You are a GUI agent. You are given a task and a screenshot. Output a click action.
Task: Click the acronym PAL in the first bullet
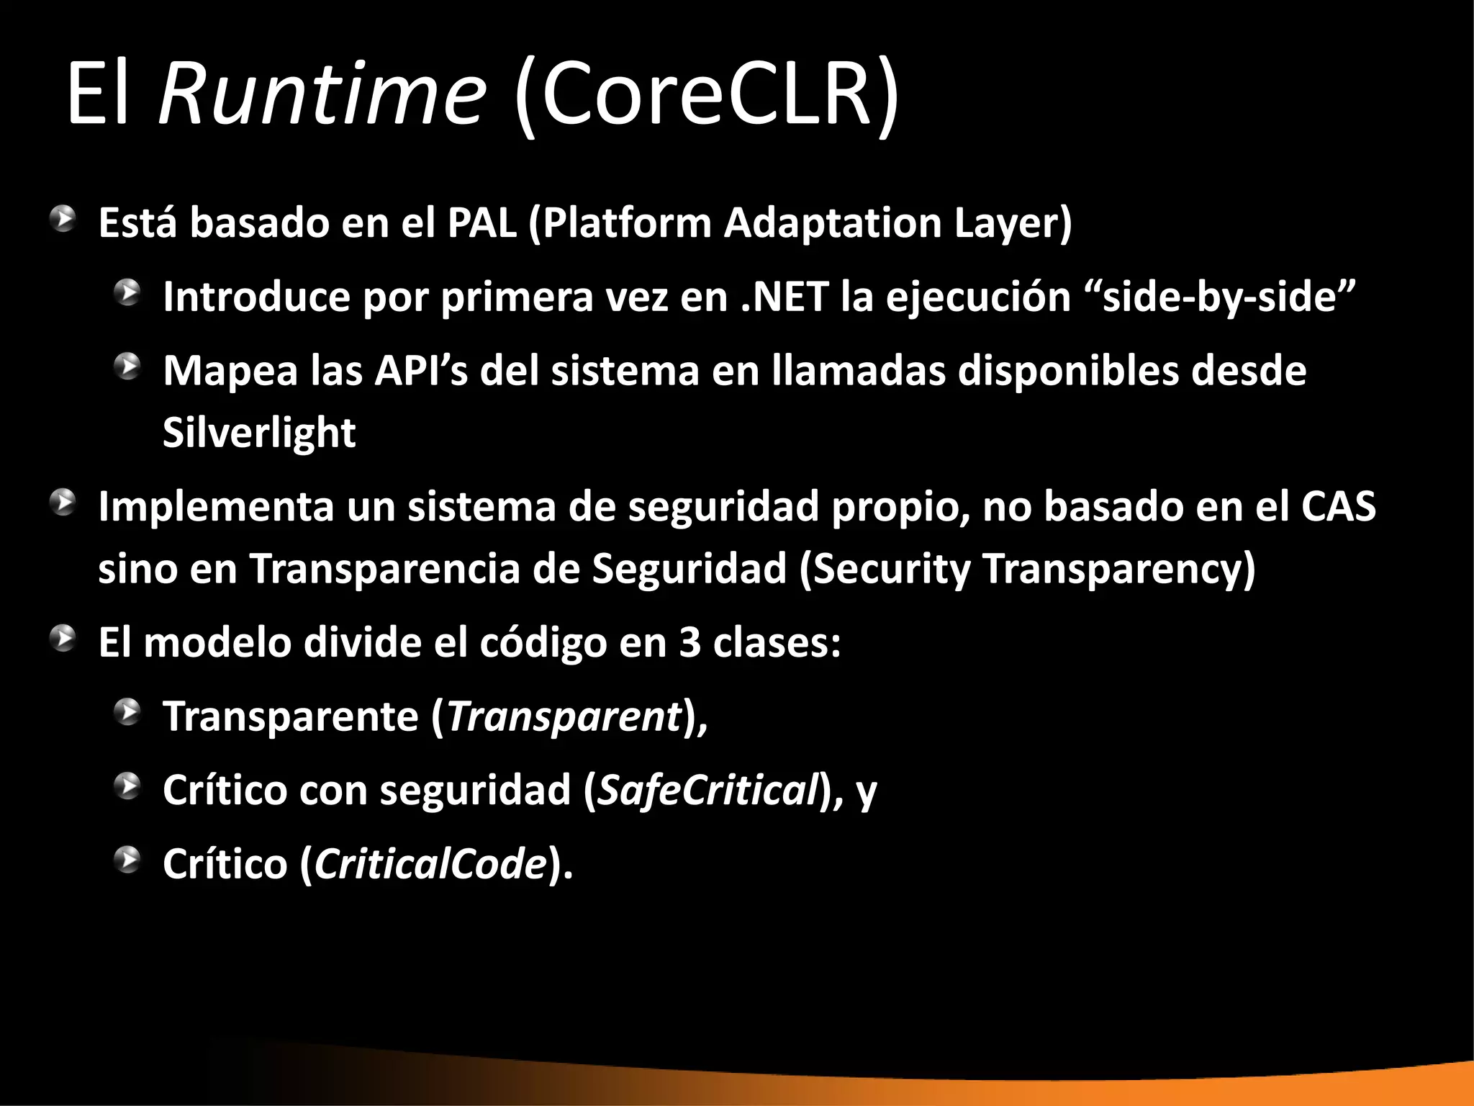click(x=481, y=223)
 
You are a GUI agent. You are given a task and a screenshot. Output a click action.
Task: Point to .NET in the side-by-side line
click(x=785, y=297)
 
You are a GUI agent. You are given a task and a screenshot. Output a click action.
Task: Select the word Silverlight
click(x=259, y=433)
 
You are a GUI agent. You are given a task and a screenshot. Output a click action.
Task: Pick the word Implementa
click(x=216, y=506)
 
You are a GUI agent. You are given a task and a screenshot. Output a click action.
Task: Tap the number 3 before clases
click(x=689, y=642)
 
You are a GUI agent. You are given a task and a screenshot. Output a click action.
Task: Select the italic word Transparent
click(x=564, y=716)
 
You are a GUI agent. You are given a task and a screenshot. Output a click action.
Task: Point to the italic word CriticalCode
click(x=430, y=864)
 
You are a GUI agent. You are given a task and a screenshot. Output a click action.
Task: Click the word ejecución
click(x=978, y=297)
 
